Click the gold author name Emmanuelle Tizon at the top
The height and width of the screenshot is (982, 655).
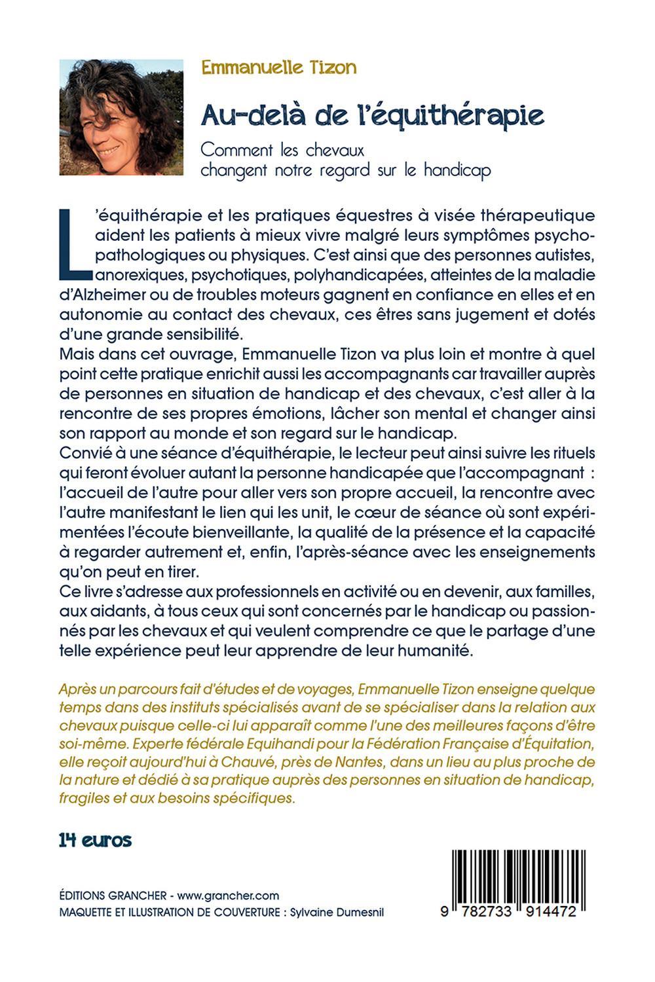[x=279, y=67]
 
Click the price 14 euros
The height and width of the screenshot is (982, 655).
[x=96, y=841]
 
